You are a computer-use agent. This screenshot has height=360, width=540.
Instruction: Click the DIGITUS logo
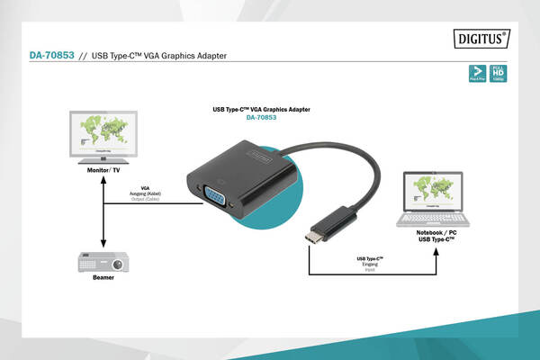coord(480,40)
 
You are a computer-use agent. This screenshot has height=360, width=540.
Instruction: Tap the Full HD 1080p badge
coord(499,73)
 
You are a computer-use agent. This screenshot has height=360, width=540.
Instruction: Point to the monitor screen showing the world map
coord(104,131)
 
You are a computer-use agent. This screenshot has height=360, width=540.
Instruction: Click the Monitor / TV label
coord(104,169)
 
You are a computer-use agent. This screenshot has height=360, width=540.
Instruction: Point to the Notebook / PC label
coord(436,233)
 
